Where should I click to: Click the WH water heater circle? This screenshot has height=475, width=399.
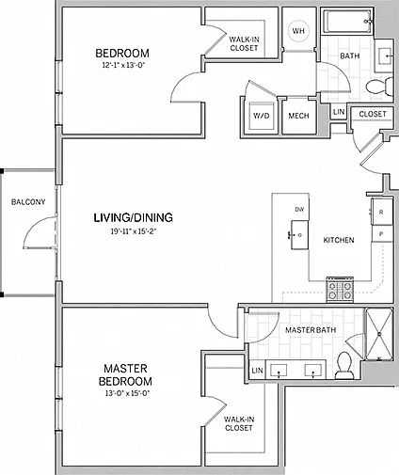tap(298, 31)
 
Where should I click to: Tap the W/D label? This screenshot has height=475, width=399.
tap(262, 116)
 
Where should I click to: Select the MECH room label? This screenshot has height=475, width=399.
tap(298, 116)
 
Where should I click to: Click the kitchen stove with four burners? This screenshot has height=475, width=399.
tap(340, 290)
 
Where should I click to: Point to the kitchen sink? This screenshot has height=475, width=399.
tap(299, 235)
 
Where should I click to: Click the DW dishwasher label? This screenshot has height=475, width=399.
tap(299, 209)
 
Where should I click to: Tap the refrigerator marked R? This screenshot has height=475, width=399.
tap(382, 212)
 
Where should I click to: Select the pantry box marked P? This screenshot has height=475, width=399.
tap(382, 234)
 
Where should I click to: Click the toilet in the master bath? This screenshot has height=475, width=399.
tap(344, 365)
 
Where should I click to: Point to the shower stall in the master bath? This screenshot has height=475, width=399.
tap(379, 334)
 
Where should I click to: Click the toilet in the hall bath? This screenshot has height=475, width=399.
tap(379, 86)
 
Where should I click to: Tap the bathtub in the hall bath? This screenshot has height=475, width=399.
tap(347, 21)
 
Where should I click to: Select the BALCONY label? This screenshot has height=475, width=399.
tap(28, 202)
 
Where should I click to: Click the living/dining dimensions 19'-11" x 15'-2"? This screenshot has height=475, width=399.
tap(134, 231)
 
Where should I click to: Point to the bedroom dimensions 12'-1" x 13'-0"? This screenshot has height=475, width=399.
tap(122, 66)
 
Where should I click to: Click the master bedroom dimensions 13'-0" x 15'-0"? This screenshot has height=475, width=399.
tap(127, 393)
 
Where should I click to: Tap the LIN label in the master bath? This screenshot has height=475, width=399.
tap(257, 371)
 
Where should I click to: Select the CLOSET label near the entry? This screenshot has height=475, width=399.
tap(373, 114)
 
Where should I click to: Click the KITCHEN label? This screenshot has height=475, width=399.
tap(339, 240)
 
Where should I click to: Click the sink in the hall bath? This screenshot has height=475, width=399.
tap(384, 56)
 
